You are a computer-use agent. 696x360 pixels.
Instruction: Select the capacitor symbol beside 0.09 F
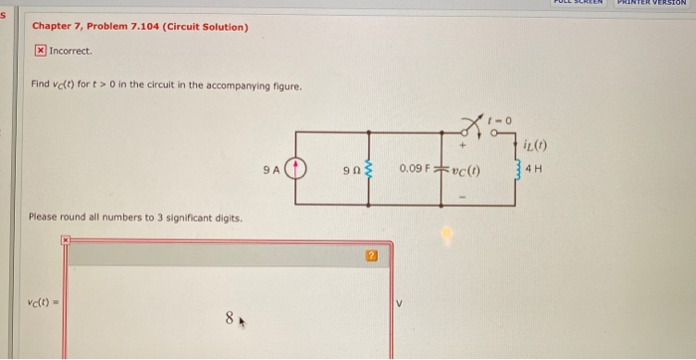point(440,169)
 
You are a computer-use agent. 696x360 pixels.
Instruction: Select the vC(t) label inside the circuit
point(465,169)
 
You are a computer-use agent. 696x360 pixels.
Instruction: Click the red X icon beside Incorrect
point(40,50)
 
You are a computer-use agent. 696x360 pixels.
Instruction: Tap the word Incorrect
point(70,50)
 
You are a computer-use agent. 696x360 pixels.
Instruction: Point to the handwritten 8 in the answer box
point(229,320)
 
